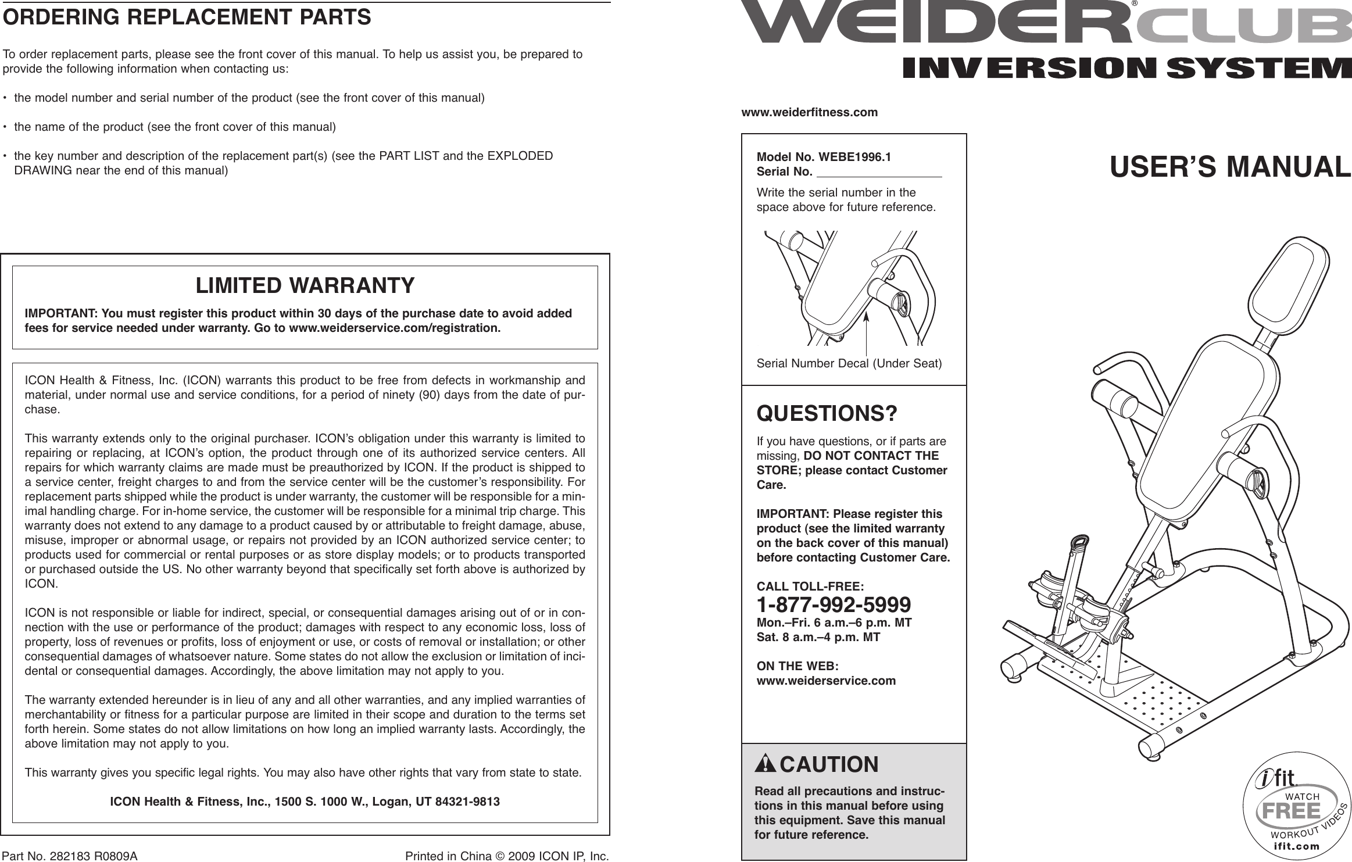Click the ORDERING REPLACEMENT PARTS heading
[x=187, y=17]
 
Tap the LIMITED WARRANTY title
[x=305, y=285]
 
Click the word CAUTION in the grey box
[x=829, y=764]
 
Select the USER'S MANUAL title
[x=1230, y=167]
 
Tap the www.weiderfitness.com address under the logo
[x=810, y=112]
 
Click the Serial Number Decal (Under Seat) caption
[x=849, y=364]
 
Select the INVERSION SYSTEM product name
[x=1126, y=69]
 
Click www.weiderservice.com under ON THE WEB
[x=826, y=680]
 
